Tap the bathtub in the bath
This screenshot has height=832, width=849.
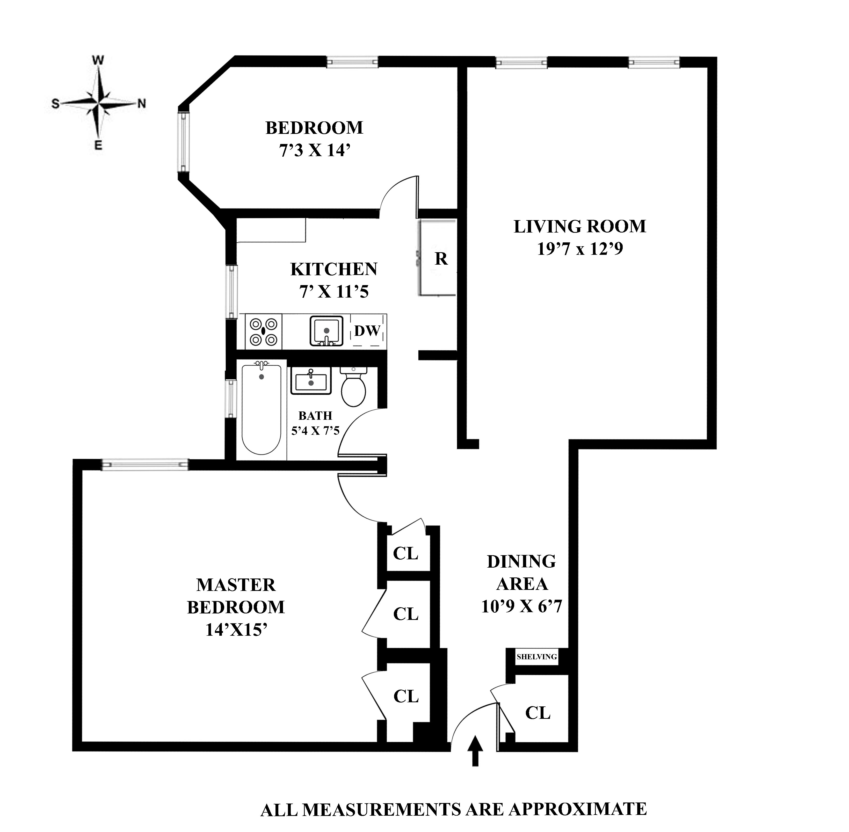tap(261, 409)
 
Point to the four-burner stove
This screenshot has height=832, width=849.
tap(263, 332)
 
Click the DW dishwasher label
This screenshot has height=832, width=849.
tap(367, 331)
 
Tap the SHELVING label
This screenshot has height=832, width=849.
tap(536, 656)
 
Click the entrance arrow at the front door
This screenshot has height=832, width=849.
tap(475, 750)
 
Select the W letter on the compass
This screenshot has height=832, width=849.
tap(98, 61)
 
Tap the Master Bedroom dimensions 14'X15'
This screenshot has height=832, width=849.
tap(236, 630)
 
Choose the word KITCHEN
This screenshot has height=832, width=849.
tap(334, 269)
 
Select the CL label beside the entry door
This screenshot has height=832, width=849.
tap(538, 713)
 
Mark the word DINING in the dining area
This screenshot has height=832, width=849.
tap(521, 561)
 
